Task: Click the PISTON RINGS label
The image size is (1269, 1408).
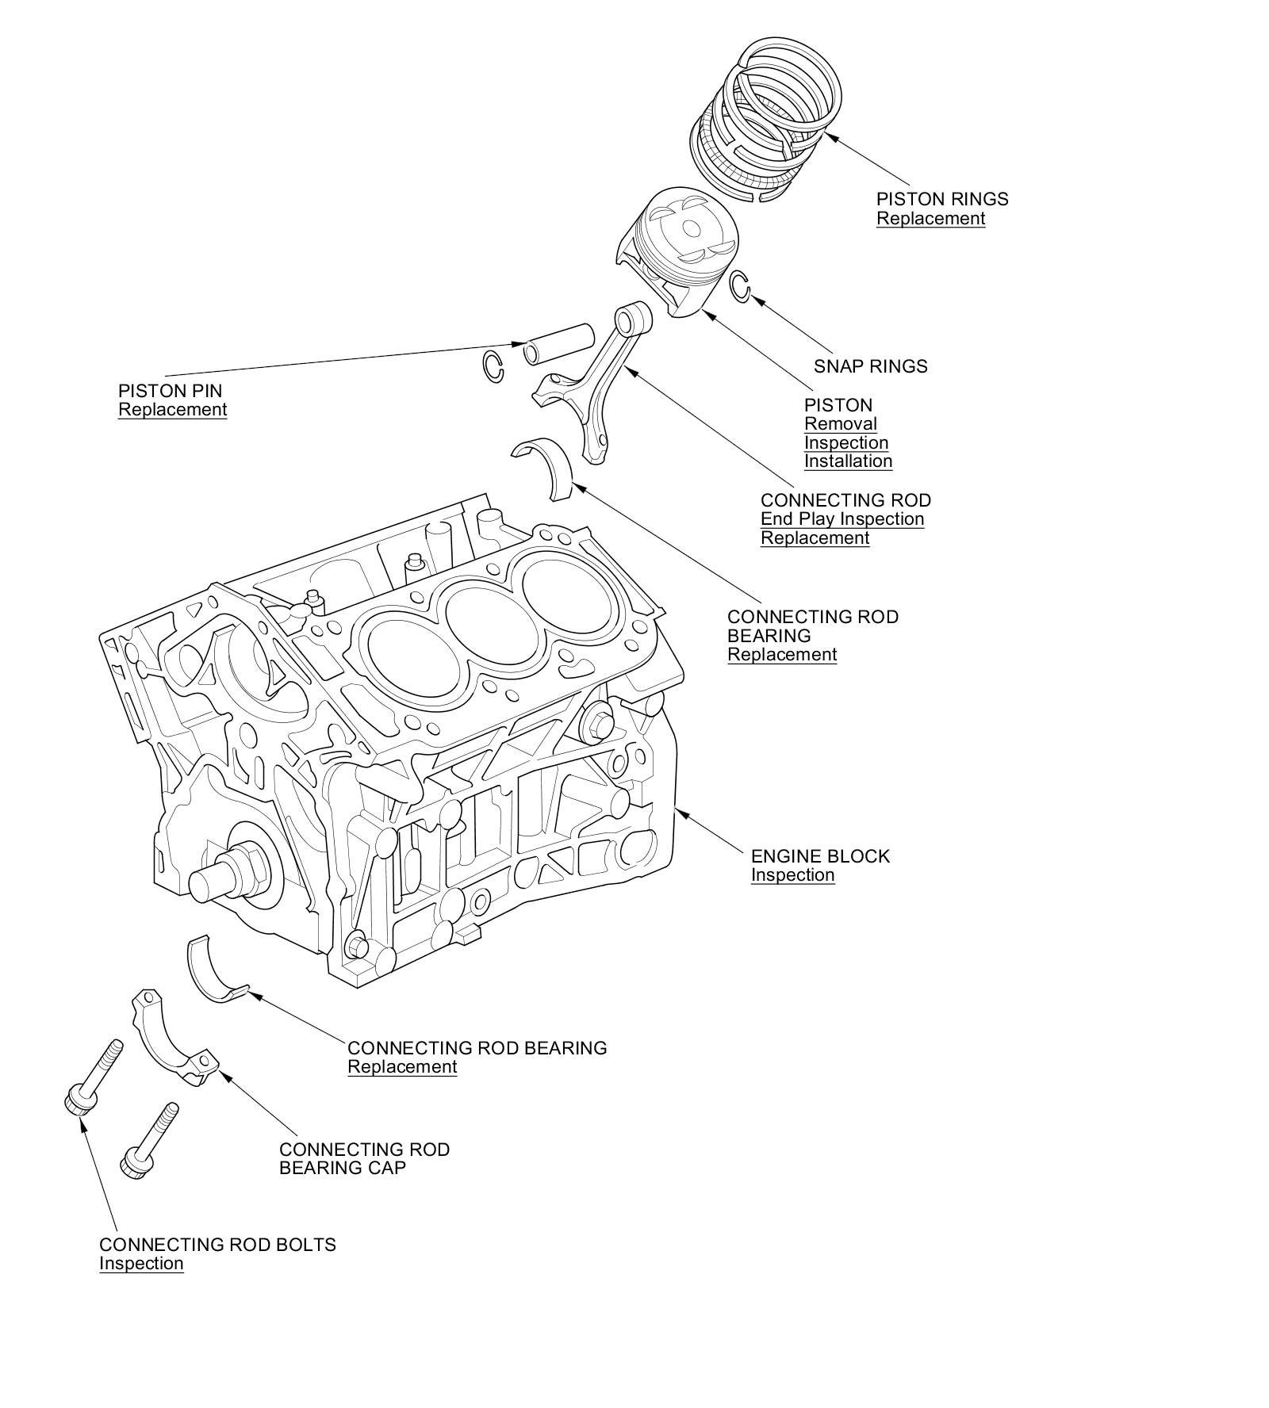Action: tap(941, 199)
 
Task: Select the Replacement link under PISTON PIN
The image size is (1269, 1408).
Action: tap(172, 410)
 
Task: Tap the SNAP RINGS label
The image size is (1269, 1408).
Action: tap(870, 366)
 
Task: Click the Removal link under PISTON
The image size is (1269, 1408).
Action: tap(840, 424)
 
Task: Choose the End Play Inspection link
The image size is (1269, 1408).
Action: tap(842, 519)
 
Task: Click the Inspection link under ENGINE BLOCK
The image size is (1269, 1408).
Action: tap(792, 875)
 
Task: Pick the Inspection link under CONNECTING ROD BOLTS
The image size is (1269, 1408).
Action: tap(141, 1264)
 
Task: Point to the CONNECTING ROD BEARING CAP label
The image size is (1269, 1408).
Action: tap(364, 1158)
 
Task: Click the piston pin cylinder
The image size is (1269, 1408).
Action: tap(558, 342)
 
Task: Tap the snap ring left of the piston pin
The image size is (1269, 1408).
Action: tap(493, 365)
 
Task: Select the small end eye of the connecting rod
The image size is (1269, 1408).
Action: tap(635, 319)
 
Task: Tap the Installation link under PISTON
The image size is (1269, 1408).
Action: tap(848, 461)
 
